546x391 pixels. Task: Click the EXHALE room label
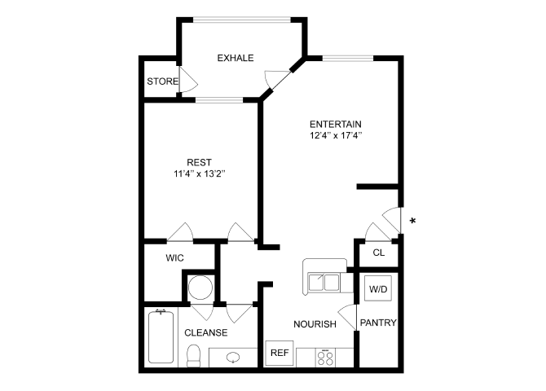tap(236, 58)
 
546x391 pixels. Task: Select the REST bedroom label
tap(199, 162)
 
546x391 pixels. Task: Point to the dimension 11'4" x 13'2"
tap(199, 174)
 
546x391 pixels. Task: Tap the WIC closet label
tap(174, 257)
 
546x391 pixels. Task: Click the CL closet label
tap(378, 253)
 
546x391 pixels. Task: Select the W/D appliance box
tap(378, 289)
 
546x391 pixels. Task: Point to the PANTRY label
tap(378, 323)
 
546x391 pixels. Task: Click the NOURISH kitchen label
tap(315, 324)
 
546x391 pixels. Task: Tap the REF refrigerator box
tap(280, 354)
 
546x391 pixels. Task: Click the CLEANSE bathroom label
tap(205, 332)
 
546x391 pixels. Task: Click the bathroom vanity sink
tap(231, 357)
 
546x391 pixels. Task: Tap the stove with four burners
tap(326, 357)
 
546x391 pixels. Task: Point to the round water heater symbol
tap(200, 288)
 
